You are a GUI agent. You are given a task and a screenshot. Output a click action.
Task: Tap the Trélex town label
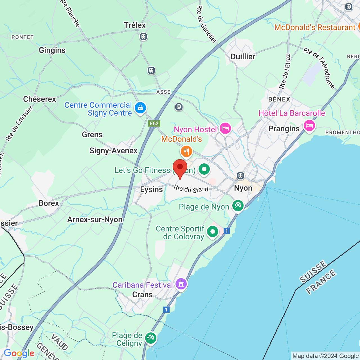point(135,25)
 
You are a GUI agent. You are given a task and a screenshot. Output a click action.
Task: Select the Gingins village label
point(52,50)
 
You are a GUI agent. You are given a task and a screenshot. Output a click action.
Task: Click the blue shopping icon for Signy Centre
point(140,108)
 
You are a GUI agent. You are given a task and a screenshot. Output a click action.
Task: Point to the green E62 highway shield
point(154,123)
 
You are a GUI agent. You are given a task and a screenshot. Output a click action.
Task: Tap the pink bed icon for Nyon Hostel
point(225,129)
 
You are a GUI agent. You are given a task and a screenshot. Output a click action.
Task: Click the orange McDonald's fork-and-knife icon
point(186,152)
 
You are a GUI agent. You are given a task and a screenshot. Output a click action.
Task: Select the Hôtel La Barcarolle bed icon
point(309,125)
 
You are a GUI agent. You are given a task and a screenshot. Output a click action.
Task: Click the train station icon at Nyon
point(240,176)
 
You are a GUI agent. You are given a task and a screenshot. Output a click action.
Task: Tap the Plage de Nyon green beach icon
point(238,206)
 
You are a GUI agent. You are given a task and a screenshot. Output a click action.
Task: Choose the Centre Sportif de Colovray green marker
point(213,232)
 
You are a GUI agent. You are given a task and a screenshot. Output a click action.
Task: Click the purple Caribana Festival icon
point(181,284)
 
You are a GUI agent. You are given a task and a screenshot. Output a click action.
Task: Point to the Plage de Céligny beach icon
point(150,337)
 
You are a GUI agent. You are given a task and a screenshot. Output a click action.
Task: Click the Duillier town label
point(243,57)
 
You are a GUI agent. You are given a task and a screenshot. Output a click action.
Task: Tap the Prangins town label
point(284,129)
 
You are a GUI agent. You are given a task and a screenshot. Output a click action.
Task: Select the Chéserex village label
point(40,99)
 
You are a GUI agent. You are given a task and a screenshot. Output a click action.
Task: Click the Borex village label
point(49,203)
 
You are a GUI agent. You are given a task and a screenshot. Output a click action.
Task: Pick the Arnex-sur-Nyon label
point(95,220)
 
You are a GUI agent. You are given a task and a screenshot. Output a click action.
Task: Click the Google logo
point(19,353)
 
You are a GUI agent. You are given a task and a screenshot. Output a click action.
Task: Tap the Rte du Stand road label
point(191,189)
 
